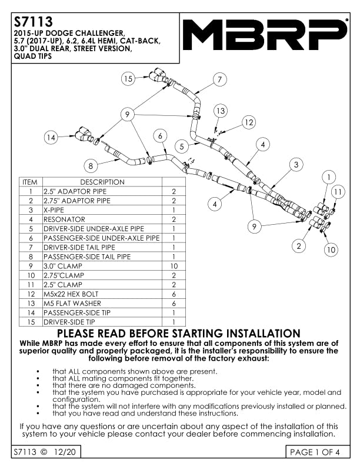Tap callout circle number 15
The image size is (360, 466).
click(x=128, y=79)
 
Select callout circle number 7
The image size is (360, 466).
click(x=220, y=79)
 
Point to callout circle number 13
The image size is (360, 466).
click(x=221, y=111)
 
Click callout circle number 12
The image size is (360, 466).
click(x=249, y=122)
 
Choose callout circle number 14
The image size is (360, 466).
click(x=51, y=137)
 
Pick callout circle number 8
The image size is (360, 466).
click(x=91, y=165)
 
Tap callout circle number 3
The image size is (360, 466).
click(x=296, y=164)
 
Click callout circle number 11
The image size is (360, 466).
click(x=338, y=192)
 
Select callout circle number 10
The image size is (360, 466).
click(x=331, y=249)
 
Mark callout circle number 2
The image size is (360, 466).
click(x=299, y=246)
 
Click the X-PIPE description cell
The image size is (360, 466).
click(x=54, y=210)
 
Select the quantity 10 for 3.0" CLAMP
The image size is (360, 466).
click(x=174, y=266)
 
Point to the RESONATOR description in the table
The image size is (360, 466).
click(x=64, y=219)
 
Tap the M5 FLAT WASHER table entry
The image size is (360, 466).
click(x=72, y=304)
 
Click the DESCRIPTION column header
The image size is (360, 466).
click(x=102, y=182)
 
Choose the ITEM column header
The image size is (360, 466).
click(x=30, y=182)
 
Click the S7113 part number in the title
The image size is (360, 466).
click(x=34, y=21)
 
